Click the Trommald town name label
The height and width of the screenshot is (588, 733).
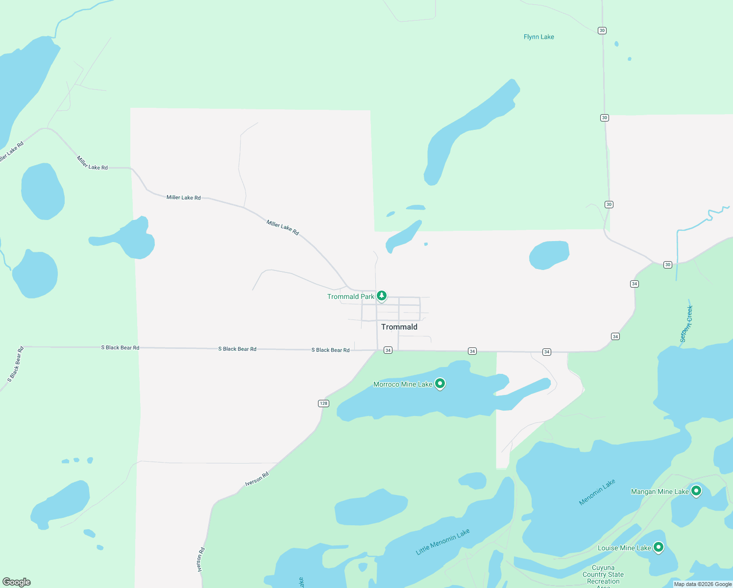tap(399, 327)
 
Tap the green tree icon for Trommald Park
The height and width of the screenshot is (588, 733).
tap(382, 296)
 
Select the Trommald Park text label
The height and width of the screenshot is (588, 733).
tap(350, 296)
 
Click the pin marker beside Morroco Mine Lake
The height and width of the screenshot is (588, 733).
tap(440, 384)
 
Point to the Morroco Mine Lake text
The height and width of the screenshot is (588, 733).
tap(403, 384)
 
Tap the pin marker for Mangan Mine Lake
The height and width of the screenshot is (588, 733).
tap(696, 490)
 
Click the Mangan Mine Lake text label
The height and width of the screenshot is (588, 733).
tap(660, 491)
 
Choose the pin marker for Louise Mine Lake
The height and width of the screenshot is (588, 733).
tap(659, 547)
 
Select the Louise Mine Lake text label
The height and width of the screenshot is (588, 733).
tap(624, 548)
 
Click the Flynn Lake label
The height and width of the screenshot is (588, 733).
tap(539, 37)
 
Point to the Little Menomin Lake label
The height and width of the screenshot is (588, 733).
tap(443, 541)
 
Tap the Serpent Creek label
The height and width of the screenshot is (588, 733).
tap(686, 324)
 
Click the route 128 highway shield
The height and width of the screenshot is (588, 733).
tap(323, 403)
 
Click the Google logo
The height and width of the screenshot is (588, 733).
tap(17, 582)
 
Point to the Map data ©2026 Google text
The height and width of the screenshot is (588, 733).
tap(703, 584)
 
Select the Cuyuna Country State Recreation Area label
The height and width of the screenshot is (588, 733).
tap(603, 575)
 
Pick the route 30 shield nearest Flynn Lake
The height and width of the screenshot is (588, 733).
tap(602, 30)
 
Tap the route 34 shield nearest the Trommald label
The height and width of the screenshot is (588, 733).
tap(388, 350)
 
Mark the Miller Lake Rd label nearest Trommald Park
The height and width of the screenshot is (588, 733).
tap(283, 227)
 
